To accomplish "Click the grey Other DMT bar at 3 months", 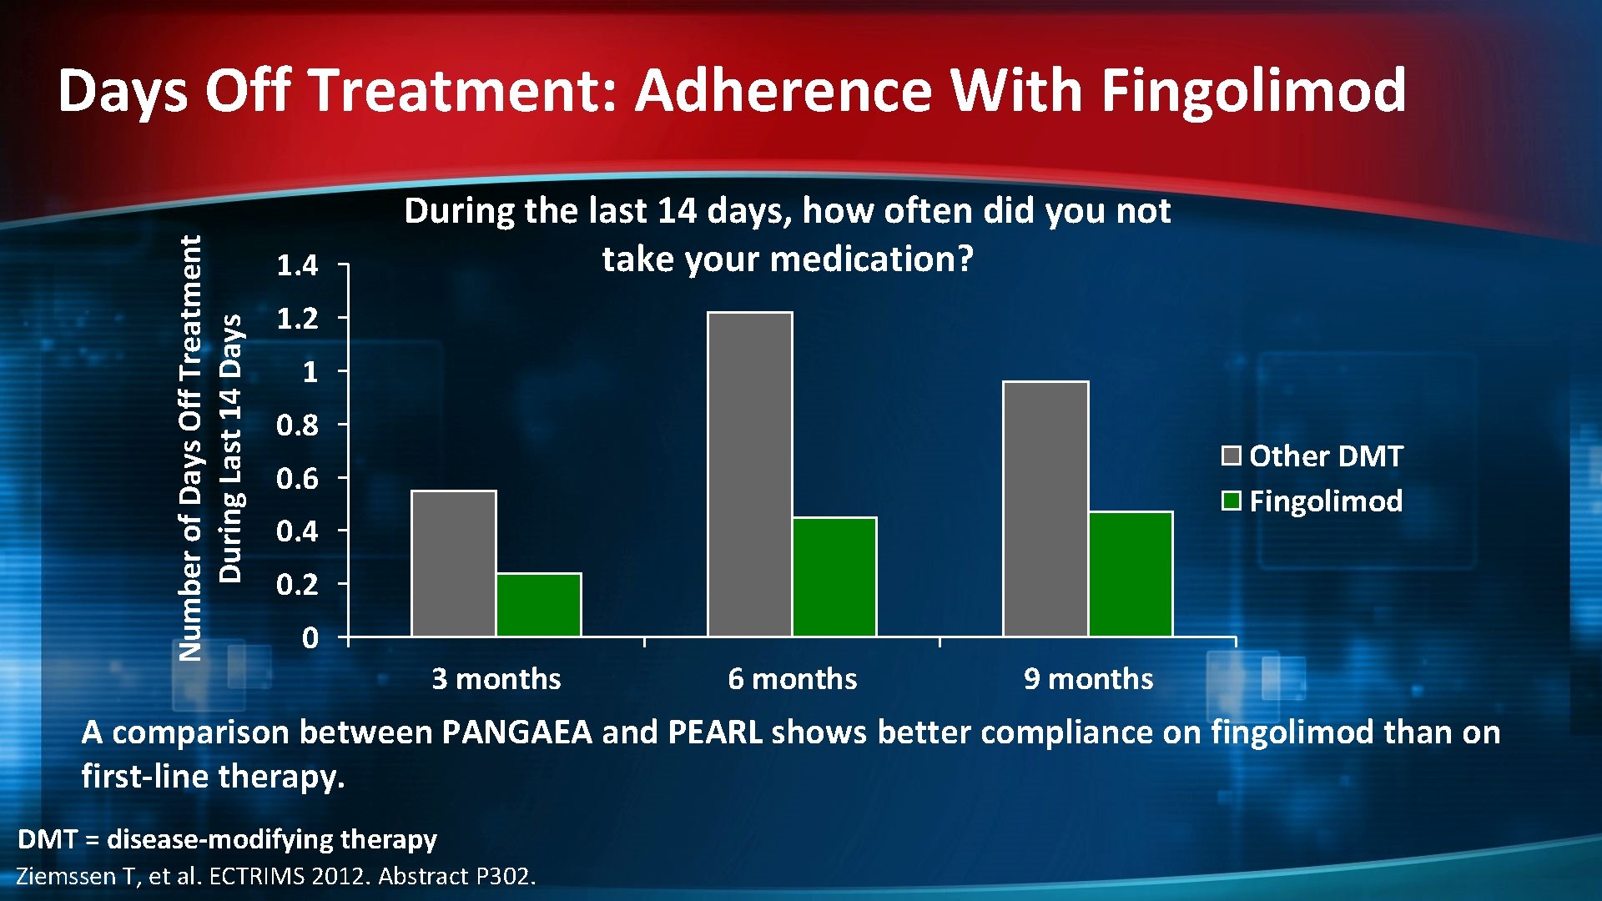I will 454,564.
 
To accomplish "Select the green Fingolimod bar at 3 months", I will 539,605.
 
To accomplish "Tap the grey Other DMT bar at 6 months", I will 750,474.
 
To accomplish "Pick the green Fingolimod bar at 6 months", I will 834,576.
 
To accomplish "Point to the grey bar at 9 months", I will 1045,509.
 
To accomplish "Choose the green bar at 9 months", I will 1131,574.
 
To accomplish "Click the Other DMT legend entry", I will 1312,456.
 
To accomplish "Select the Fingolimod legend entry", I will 1312,501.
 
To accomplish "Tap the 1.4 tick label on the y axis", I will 297,266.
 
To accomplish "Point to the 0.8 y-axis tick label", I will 297,425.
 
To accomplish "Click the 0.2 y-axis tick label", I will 297,585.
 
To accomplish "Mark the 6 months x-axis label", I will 792,679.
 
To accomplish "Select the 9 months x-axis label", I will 1088,679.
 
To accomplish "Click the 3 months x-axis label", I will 496,679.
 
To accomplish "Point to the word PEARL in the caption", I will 715,732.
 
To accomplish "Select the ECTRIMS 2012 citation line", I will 275,876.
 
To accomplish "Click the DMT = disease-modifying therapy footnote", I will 227,838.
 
